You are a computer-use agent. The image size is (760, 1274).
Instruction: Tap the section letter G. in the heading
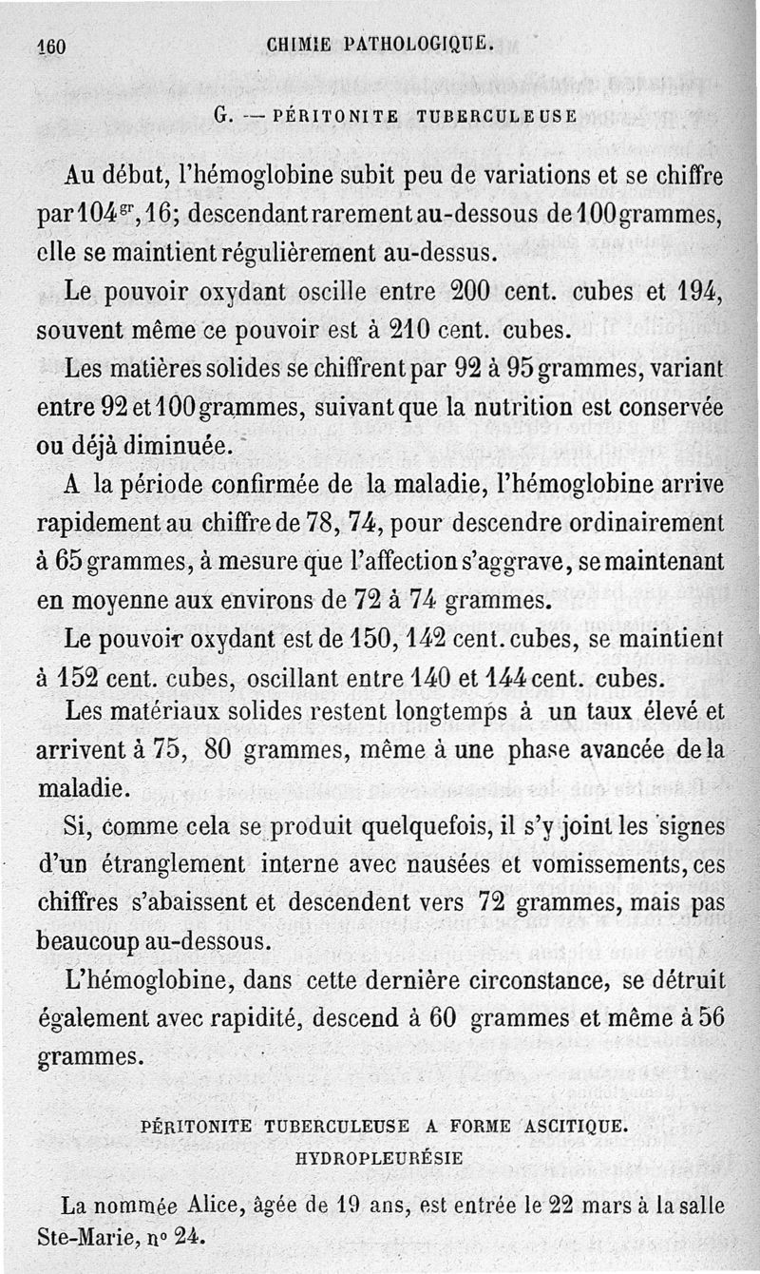pos(225,118)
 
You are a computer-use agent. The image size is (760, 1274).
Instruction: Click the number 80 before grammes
pos(218,750)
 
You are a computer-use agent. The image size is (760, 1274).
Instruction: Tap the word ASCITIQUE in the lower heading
pos(573,1126)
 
